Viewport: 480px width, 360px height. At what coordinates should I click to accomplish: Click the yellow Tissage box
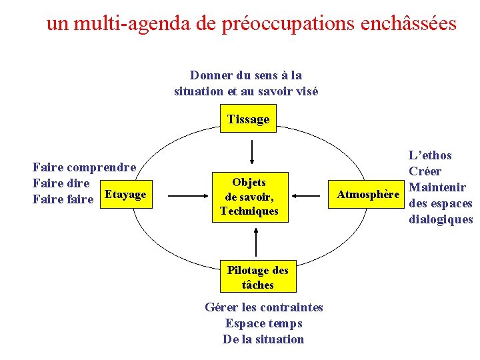click(x=248, y=119)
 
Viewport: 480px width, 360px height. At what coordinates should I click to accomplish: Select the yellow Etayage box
click(x=125, y=195)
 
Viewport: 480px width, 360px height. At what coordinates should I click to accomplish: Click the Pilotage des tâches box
click(x=257, y=277)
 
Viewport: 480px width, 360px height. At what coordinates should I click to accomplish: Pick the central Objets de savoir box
click(x=249, y=197)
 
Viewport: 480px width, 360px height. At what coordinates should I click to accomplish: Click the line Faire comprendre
click(x=85, y=167)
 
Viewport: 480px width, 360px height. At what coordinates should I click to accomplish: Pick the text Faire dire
click(x=61, y=183)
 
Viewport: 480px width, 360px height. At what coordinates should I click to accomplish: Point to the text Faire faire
click(x=63, y=199)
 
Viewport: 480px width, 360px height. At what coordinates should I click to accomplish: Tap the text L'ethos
click(x=430, y=155)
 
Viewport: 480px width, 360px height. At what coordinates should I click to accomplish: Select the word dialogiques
click(x=440, y=219)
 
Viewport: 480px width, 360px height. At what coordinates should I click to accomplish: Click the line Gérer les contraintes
click(x=263, y=307)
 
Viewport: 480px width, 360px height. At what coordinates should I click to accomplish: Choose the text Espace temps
click(x=263, y=323)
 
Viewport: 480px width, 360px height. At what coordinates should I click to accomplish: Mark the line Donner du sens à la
click(x=246, y=75)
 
